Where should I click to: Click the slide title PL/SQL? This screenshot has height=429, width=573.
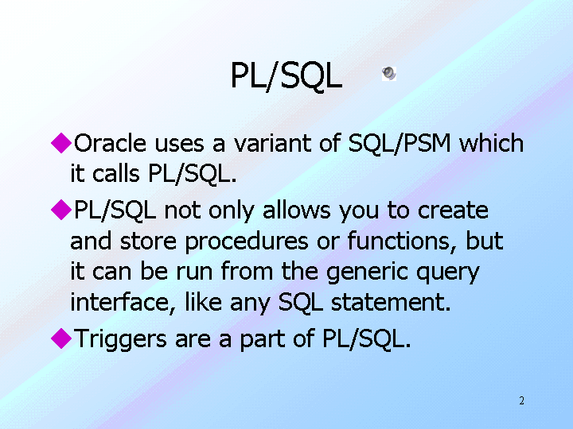click(286, 75)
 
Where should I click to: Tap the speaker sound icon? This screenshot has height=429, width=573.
click(389, 74)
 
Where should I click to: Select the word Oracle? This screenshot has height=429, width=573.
click(110, 143)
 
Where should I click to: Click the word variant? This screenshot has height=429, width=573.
click(273, 143)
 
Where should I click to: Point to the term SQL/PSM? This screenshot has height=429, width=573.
click(400, 143)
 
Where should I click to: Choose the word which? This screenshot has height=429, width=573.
click(492, 142)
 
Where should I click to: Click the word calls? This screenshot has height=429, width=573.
click(116, 173)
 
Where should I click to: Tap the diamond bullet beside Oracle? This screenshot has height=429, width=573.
click(61, 143)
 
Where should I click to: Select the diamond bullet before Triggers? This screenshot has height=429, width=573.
click(61, 338)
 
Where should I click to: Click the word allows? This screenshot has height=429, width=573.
click(296, 210)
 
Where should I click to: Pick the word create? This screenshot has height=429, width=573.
click(453, 210)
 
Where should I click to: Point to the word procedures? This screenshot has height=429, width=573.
click(247, 242)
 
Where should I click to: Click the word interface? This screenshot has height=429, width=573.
click(123, 303)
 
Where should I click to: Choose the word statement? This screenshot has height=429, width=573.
click(391, 303)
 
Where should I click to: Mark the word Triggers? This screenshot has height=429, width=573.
click(120, 339)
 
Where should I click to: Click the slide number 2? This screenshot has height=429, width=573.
click(521, 400)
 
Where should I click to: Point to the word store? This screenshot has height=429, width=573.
click(148, 242)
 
